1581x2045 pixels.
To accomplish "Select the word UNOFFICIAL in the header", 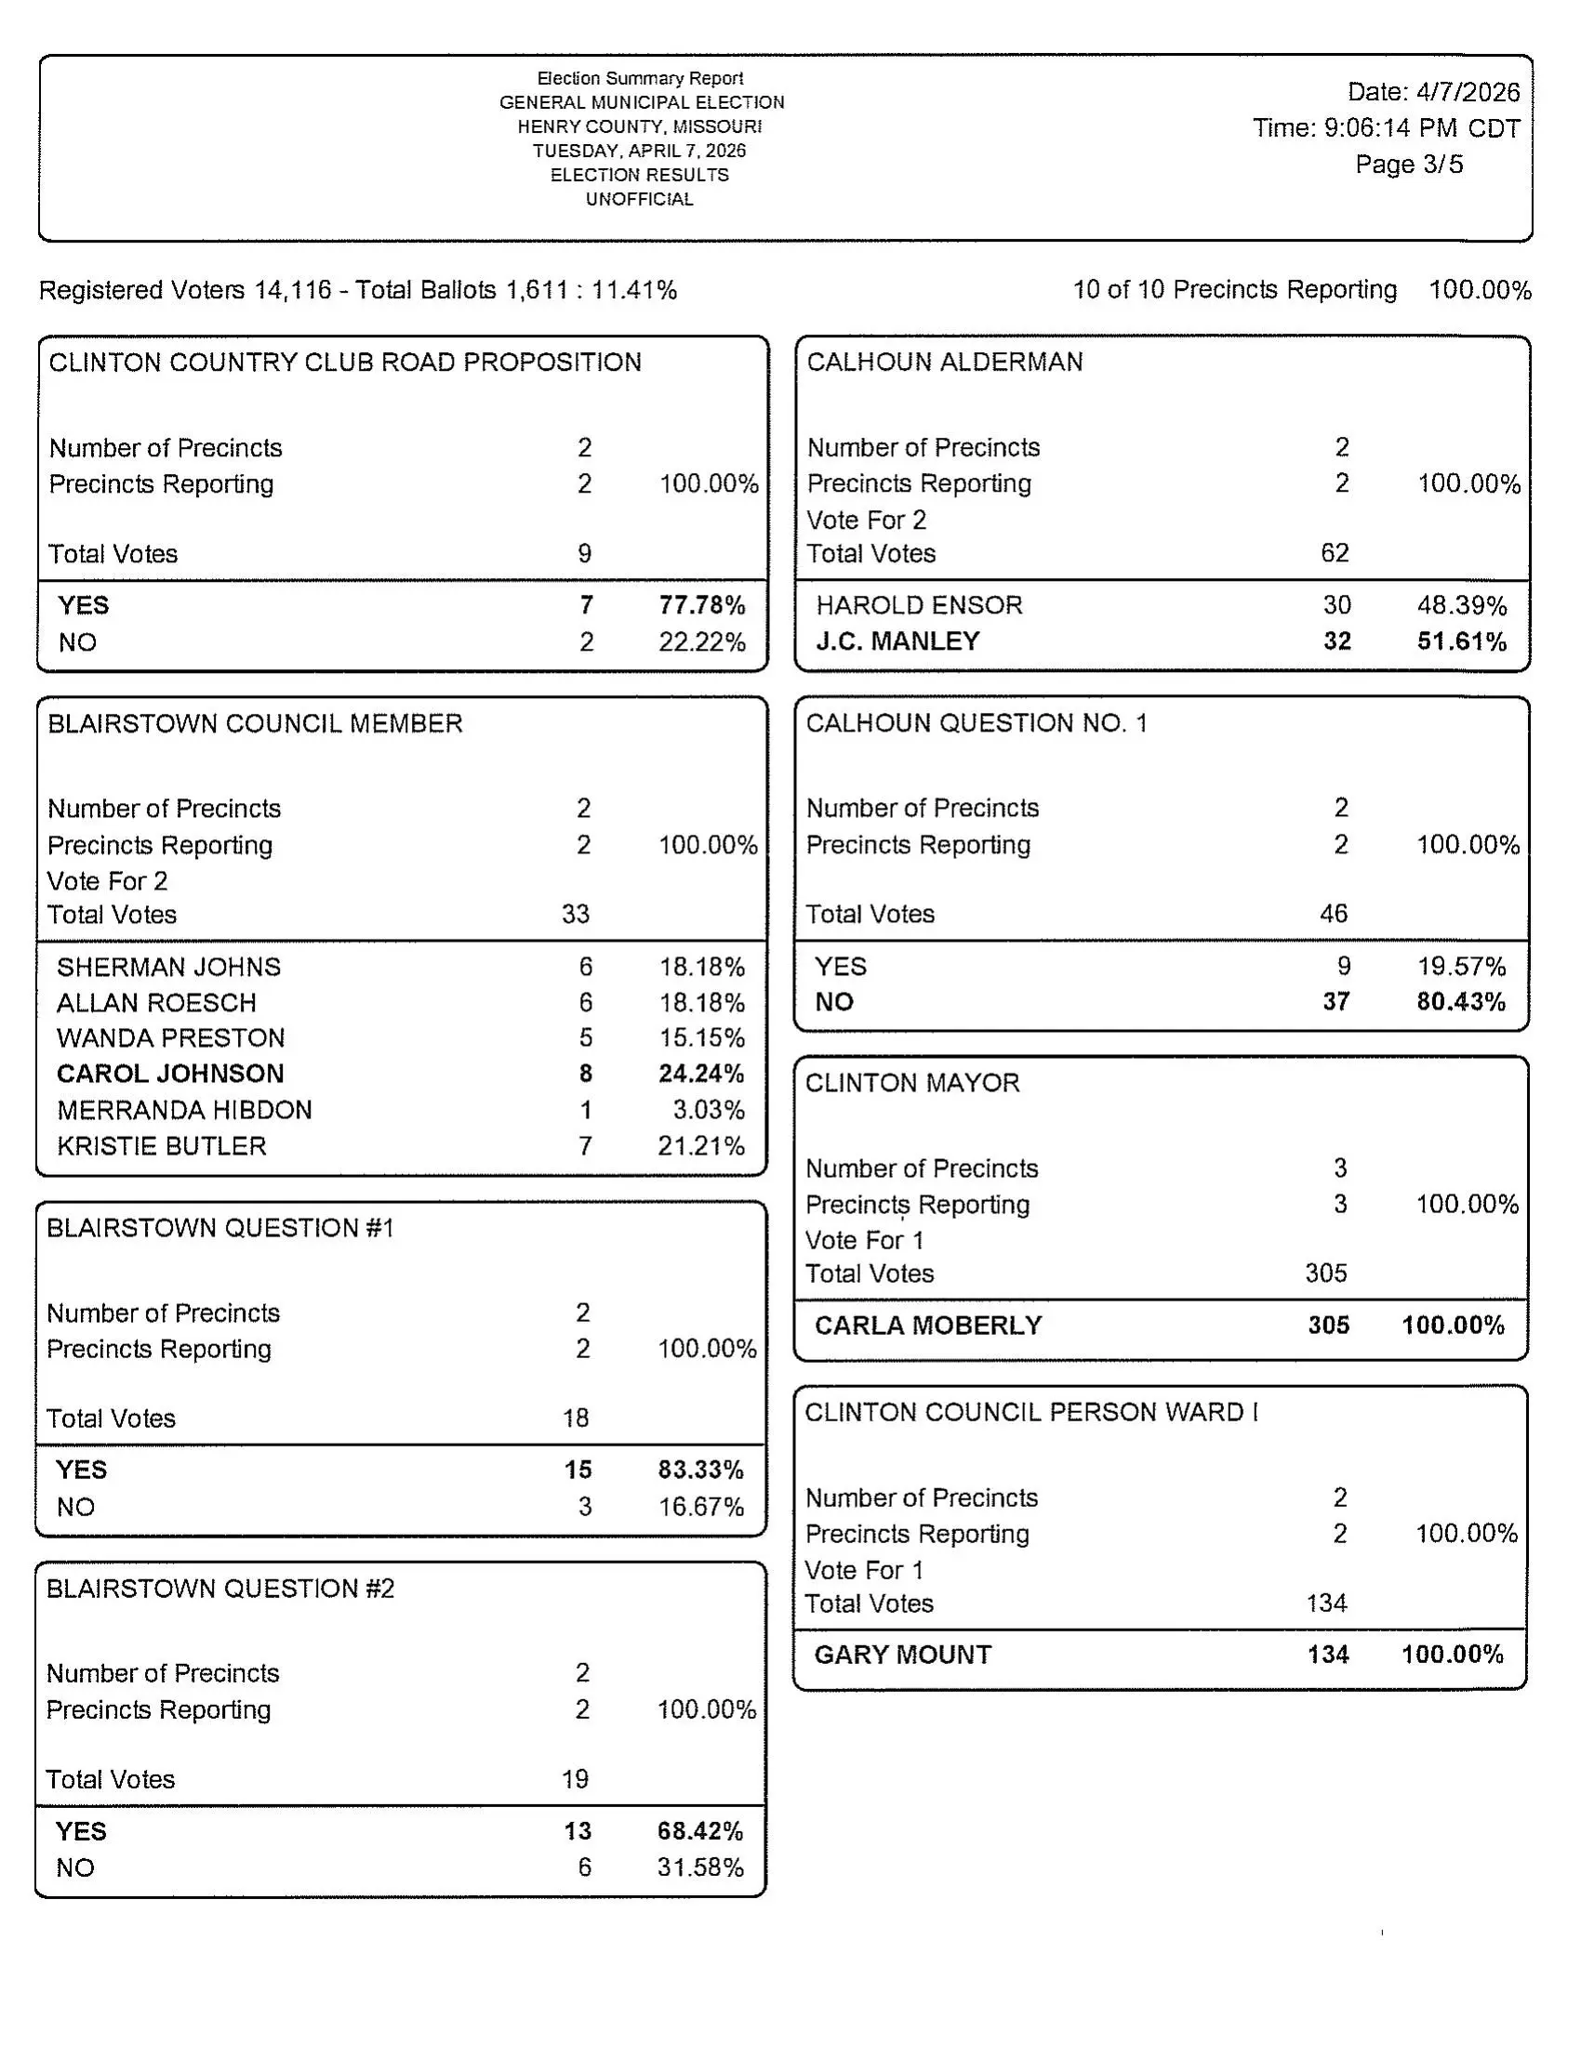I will [640, 199].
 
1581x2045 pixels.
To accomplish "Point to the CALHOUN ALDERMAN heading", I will [944, 363].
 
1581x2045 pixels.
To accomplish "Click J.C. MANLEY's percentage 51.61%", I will [1461, 641].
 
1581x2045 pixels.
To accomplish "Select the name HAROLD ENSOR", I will [919, 605].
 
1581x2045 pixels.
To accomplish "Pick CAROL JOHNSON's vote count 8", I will [585, 1074].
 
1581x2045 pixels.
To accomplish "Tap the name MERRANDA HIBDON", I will [184, 1110].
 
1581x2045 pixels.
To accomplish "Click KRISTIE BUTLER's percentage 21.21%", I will [700, 1146].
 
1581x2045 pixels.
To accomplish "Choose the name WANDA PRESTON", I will [170, 1038].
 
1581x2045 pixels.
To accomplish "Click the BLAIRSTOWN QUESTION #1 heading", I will [220, 1228].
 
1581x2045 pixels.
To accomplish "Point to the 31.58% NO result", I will [699, 1867].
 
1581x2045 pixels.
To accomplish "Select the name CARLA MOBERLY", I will [927, 1325].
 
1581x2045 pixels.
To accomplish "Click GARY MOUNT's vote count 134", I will [1327, 1655].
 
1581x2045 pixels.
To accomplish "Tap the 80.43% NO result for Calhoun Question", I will [1460, 1002].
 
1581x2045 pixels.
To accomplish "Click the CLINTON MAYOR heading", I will [911, 1083].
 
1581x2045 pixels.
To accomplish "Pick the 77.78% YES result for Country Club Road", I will [701, 605].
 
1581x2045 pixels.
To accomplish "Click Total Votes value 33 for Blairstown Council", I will [575, 914].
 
